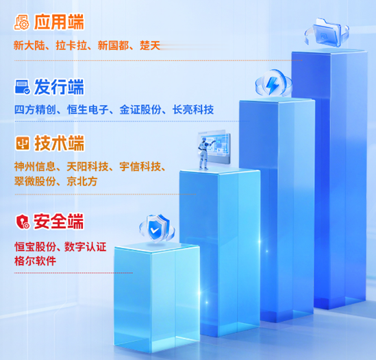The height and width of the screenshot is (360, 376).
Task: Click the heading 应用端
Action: [x=59, y=22]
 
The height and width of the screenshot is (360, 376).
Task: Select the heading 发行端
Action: [x=59, y=87]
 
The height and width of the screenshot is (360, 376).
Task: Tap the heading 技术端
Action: [x=59, y=143]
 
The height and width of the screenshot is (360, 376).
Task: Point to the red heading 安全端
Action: [x=58, y=221]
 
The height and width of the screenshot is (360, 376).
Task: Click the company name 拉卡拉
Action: [x=71, y=45]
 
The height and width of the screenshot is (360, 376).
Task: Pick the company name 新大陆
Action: [x=29, y=45]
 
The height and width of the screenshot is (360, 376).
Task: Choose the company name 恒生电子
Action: [x=88, y=110]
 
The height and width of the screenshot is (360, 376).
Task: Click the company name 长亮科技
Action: [x=193, y=110]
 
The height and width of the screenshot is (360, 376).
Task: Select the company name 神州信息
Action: [x=35, y=167]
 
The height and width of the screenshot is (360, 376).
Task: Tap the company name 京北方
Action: [x=82, y=181]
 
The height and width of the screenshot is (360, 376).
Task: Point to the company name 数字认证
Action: [x=86, y=247]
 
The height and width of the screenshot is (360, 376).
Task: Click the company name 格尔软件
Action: [x=35, y=261]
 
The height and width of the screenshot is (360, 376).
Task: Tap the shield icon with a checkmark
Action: [x=157, y=228]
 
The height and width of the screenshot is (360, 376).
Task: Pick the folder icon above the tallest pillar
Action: [x=327, y=32]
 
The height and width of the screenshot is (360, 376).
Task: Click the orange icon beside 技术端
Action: [x=23, y=143]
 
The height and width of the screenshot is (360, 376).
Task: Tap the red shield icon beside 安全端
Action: [x=23, y=221]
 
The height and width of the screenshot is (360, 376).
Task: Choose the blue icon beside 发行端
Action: [x=23, y=87]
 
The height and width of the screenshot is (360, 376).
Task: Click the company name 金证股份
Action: [x=140, y=110]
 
